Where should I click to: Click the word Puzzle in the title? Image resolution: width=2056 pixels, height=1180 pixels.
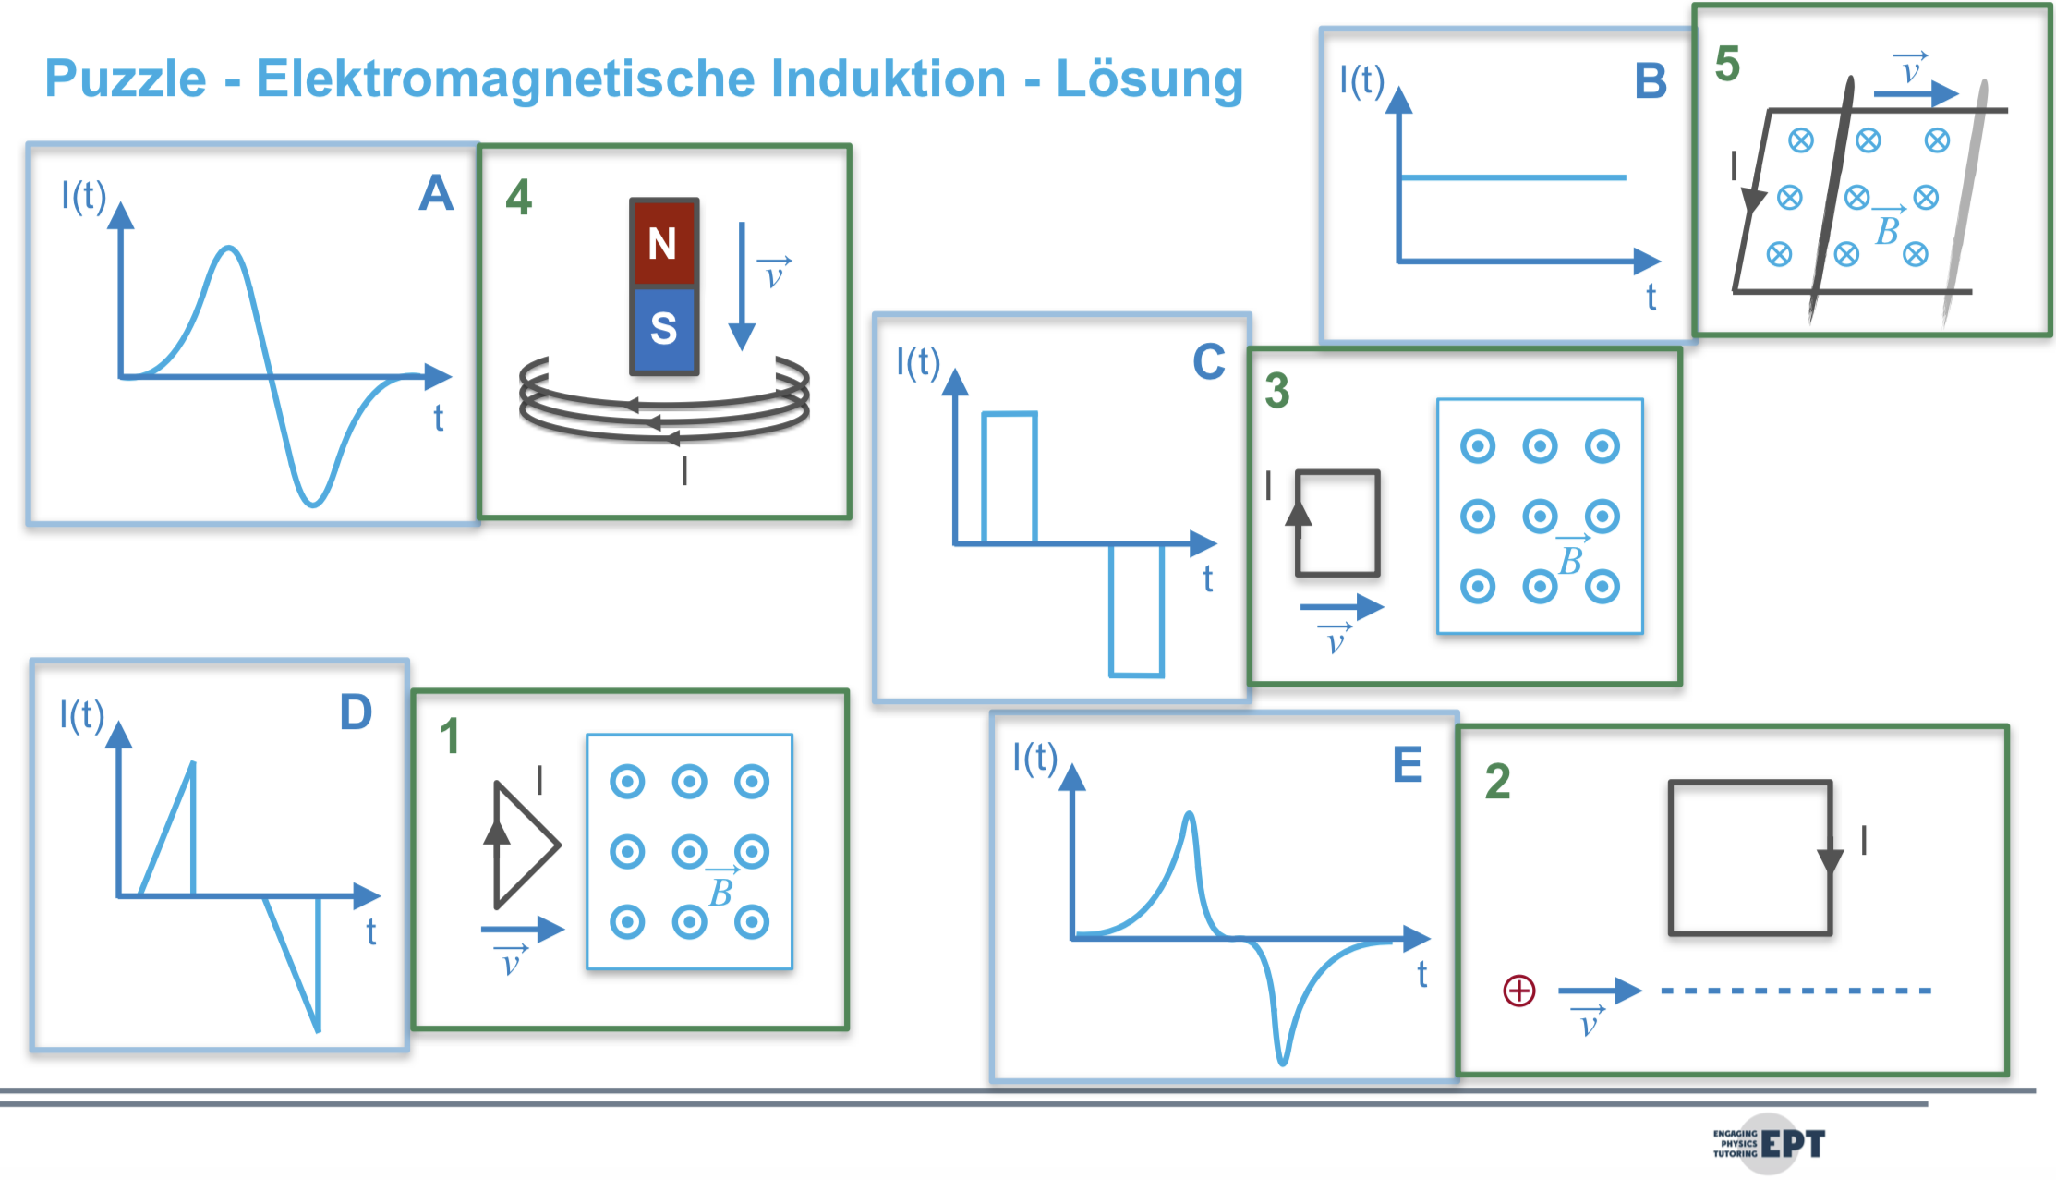click(126, 79)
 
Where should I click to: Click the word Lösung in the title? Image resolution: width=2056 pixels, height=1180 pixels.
click(1149, 79)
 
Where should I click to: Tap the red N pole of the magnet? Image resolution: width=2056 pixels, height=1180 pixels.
click(663, 242)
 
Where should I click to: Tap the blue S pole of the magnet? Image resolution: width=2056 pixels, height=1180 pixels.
click(663, 328)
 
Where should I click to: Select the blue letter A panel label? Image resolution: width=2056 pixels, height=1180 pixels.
click(436, 194)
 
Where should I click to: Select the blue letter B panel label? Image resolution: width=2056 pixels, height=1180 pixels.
click(1651, 81)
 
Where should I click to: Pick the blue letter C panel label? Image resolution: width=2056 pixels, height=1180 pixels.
click(1208, 362)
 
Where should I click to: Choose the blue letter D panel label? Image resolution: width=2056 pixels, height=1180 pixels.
click(356, 712)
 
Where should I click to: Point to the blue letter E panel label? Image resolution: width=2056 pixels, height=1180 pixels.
click(1407, 765)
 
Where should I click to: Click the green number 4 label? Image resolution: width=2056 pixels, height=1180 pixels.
click(518, 197)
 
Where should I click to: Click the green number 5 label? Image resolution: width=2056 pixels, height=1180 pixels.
click(1727, 65)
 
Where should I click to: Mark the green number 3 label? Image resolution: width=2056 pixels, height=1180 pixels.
click(1276, 391)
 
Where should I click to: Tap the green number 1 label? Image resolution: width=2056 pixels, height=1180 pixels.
click(449, 736)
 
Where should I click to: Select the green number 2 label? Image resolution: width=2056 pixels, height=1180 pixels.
click(1497, 782)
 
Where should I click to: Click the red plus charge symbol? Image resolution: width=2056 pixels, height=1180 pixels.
click(1518, 991)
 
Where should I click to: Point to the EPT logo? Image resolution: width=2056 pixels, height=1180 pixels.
click(1769, 1144)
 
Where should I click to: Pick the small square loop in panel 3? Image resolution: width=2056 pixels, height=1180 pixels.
click(1337, 523)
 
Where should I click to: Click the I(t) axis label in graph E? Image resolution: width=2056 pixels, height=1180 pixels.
click(1034, 758)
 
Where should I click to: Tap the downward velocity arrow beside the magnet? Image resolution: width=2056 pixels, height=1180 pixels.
click(742, 286)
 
